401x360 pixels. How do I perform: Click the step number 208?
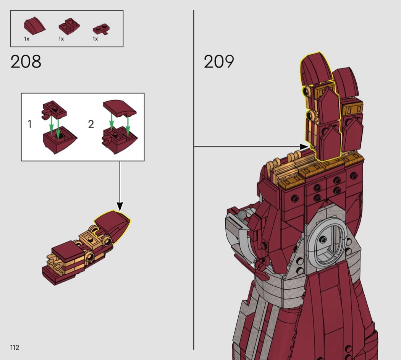pyautogui.click(x=26, y=62)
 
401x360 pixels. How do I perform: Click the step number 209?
pyautogui.click(x=219, y=62)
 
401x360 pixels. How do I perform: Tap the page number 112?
pyautogui.click(x=15, y=347)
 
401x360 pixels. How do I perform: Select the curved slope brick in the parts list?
pyautogui.click(x=34, y=26)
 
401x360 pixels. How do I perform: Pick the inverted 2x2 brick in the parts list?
pyautogui.click(x=69, y=27)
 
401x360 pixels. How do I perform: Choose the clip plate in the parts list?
pyautogui.click(x=102, y=29)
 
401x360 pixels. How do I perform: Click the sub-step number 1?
pyautogui.click(x=30, y=124)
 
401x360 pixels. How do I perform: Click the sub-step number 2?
pyautogui.click(x=91, y=124)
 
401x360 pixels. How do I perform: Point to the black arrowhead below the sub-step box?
pyautogui.click(x=120, y=206)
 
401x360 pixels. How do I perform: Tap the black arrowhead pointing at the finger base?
pyautogui.click(x=304, y=147)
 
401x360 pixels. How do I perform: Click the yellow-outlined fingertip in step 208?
pyautogui.click(x=113, y=227)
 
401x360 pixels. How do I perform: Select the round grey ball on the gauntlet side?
pyautogui.click(x=242, y=215)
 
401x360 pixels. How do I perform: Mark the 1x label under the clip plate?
pyautogui.click(x=95, y=39)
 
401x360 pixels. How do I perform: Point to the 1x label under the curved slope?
pyautogui.click(x=27, y=39)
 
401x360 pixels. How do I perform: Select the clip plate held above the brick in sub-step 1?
pyautogui.click(x=54, y=110)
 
